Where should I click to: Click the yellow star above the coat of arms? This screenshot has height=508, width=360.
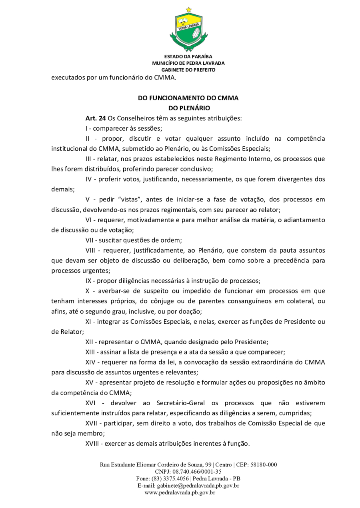coord(188,9)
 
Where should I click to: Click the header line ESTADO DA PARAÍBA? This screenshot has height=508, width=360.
coord(188,56)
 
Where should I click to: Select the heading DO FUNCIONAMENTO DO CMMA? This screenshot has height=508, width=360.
coord(188,98)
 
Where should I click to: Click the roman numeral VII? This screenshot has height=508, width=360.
coord(90,240)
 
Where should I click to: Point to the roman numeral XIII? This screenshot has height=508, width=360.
coord(92,352)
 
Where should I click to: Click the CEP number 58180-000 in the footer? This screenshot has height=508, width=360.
coord(263,465)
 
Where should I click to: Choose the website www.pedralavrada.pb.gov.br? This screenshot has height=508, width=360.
coord(180,492)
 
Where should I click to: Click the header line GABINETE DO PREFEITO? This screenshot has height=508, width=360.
coord(188,70)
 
